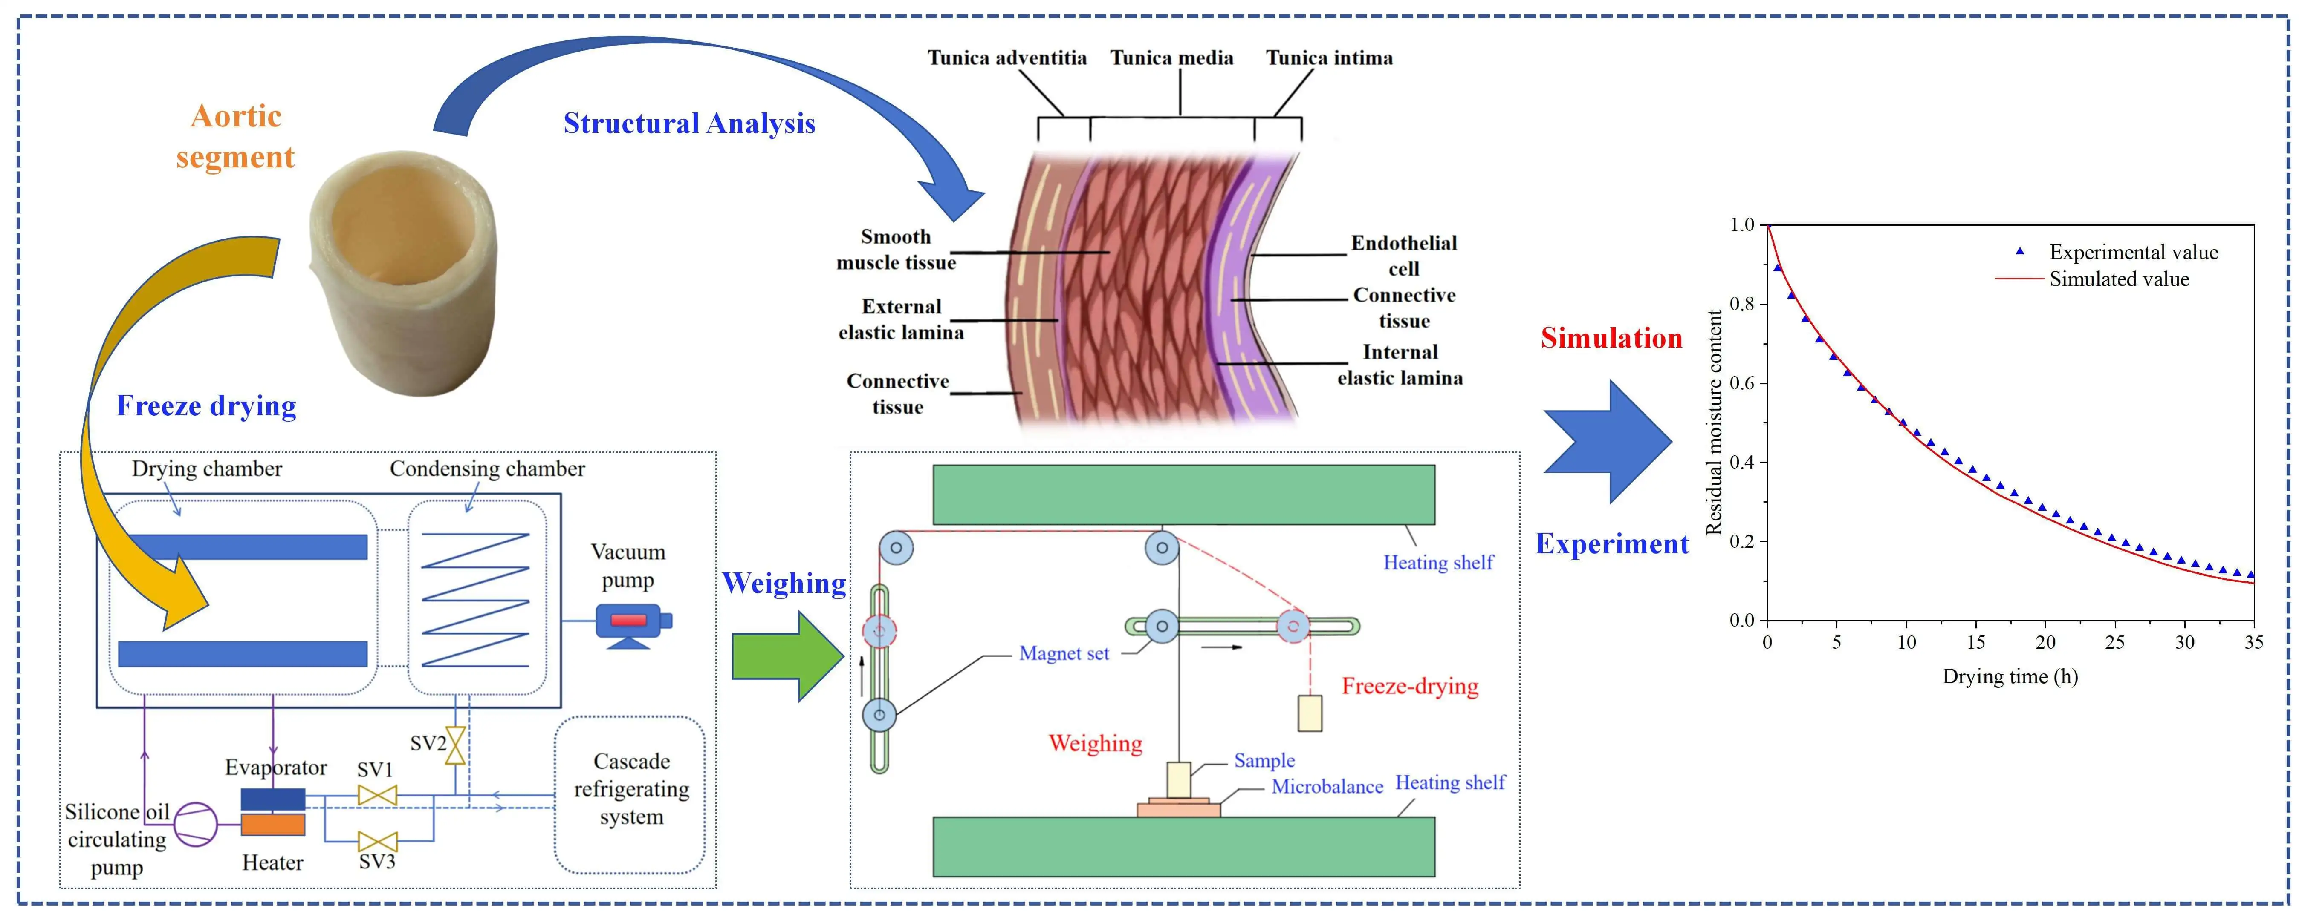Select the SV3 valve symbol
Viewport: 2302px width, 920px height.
[x=377, y=841]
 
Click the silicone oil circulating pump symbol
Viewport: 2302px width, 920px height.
[x=195, y=824]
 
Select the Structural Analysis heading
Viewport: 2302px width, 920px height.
[x=689, y=123]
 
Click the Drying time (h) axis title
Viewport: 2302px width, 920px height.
[x=2010, y=676]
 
